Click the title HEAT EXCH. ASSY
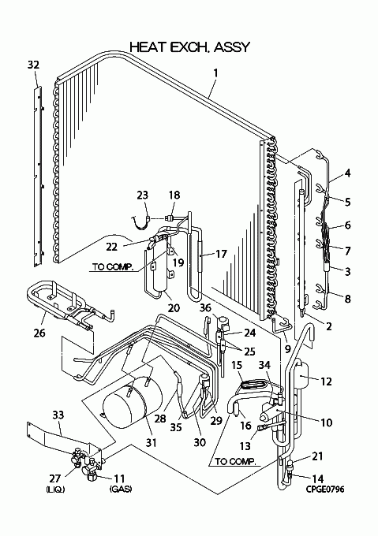point(190,47)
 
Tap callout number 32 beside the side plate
point(33,65)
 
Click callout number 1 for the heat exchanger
point(215,73)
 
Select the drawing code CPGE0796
point(325,489)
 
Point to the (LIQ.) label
point(55,489)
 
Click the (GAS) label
point(121,489)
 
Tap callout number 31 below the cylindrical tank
point(151,442)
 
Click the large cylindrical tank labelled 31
point(133,402)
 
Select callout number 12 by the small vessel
point(327,382)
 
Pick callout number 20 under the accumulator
point(174,308)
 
